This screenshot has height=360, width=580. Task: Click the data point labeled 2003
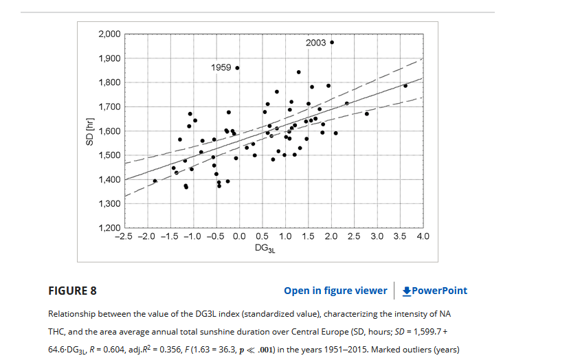[x=332, y=43]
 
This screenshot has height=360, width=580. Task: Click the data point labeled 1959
[x=237, y=68]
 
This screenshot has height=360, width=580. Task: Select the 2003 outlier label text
[x=316, y=43]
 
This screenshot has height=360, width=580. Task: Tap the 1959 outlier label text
[x=221, y=68]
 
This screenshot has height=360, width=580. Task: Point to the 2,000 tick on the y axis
[x=110, y=34]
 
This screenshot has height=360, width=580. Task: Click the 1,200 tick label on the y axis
[x=110, y=228]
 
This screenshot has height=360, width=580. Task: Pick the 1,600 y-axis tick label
[x=110, y=131]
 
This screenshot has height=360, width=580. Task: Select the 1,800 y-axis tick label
[x=110, y=82]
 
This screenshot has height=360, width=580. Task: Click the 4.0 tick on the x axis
[x=423, y=236]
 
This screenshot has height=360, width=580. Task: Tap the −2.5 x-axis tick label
[x=122, y=236]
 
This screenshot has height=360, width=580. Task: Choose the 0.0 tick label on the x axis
[x=239, y=236]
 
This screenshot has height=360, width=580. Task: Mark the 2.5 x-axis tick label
[x=354, y=236]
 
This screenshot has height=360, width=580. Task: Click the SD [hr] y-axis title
[x=89, y=131]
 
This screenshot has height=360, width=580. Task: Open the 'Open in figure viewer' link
[x=335, y=291]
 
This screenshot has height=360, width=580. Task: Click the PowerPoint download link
[x=434, y=291]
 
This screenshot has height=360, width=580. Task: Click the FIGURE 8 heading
[x=72, y=291]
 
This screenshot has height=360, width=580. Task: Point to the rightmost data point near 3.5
[x=405, y=86]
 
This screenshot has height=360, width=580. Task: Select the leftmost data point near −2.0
[x=155, y=181]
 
